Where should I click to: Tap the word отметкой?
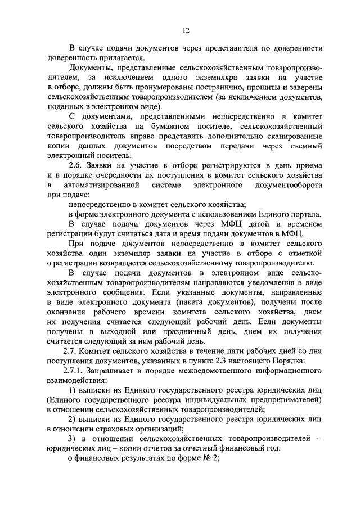pyautogui.click(x=304, y=253)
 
